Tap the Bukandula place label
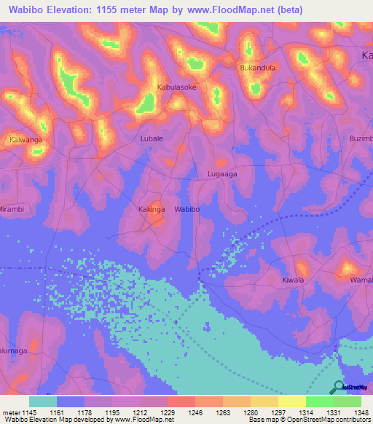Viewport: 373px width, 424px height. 257,68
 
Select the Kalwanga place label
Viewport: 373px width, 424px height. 26,138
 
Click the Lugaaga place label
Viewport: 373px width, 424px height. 222,174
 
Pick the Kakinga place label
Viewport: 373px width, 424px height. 152,209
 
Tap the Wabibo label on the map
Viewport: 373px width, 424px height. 187,209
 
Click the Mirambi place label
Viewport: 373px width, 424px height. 12,209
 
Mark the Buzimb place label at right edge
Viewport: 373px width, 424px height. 360,138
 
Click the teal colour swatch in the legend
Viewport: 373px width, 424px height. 43,401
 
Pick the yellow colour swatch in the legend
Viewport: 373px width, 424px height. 291,401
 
